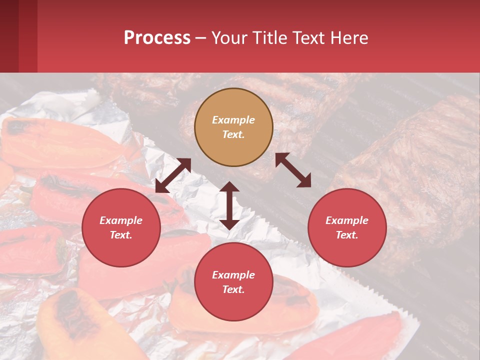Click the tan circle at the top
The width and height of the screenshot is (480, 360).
pyautogui.click(x=233, y=127)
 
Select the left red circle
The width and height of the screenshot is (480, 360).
pyautogui.click(x=121, y=227)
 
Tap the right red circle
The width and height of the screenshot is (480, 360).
pyautogui.click(x=347, y=227)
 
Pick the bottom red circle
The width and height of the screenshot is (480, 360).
pyautogui.click(x=233, y=282)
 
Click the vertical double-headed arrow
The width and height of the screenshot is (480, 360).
pyautogui.click(x=229, y=205)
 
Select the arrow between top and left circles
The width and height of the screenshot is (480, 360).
pyautogui.click(x=173, y=175)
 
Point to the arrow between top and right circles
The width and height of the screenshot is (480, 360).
pyautogui.click(x=293, y=170)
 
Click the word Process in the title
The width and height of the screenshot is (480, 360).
pyautogui.click(x=157, y=38)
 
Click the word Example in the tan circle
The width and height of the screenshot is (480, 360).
pyautogui.click(x=233, y=120)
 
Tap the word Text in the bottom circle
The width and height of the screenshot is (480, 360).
pyautogui.click(x=233, y=289)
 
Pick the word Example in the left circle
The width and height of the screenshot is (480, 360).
pyautogui.click(x=121, y=220)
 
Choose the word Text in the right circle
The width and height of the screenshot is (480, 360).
pyautogui.click(x=347, y=235)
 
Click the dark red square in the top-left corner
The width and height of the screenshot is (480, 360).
pyautogui.click(x=9, y=36)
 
